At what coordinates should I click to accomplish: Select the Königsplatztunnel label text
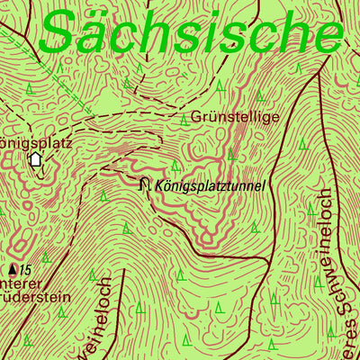pos(211,186)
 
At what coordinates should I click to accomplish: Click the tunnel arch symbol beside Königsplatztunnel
pos(145,184)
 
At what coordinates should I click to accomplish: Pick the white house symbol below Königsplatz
pos(36,159)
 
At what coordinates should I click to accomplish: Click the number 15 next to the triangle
pos(26,269)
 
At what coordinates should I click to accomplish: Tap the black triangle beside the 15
pos(13,269)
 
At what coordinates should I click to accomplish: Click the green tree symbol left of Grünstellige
pos(183,119)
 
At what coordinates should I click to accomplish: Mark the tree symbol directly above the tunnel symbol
pos(175,165)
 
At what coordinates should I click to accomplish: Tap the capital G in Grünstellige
pos(196,117)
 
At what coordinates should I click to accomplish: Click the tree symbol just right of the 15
pos(45,257)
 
